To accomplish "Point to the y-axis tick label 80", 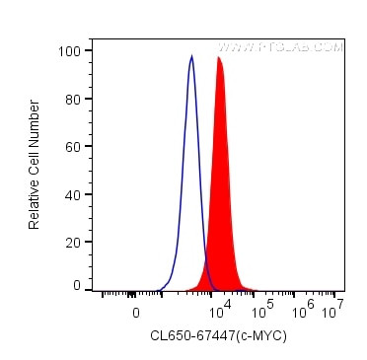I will pos(72,99).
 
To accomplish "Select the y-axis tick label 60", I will pos(72,146).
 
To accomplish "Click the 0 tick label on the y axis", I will pos(76,286).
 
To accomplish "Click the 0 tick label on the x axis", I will pos(136,312).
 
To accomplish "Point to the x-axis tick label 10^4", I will pos(222,308).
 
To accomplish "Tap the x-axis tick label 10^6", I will pos(304,308).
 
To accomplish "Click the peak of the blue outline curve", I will pos(191,56).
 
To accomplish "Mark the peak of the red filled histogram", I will pos(219,58).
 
